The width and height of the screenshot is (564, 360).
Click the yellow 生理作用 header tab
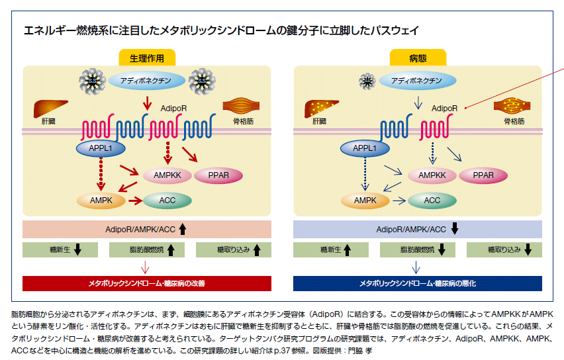(147, 58)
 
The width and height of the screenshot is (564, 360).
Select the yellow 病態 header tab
(417, 58)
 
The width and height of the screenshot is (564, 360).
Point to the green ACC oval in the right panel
(432, 199)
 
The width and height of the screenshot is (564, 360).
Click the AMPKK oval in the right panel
(432, 175)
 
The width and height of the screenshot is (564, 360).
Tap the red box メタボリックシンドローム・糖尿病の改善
(147, 283)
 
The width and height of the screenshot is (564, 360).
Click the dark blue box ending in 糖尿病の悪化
(417, 283)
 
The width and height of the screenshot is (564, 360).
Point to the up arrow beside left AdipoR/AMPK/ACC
(183, 230)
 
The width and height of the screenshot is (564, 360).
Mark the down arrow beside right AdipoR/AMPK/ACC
(455, 230)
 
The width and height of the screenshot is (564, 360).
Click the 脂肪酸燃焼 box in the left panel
(147, 250)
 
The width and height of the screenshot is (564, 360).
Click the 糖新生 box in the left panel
(60, 250)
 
